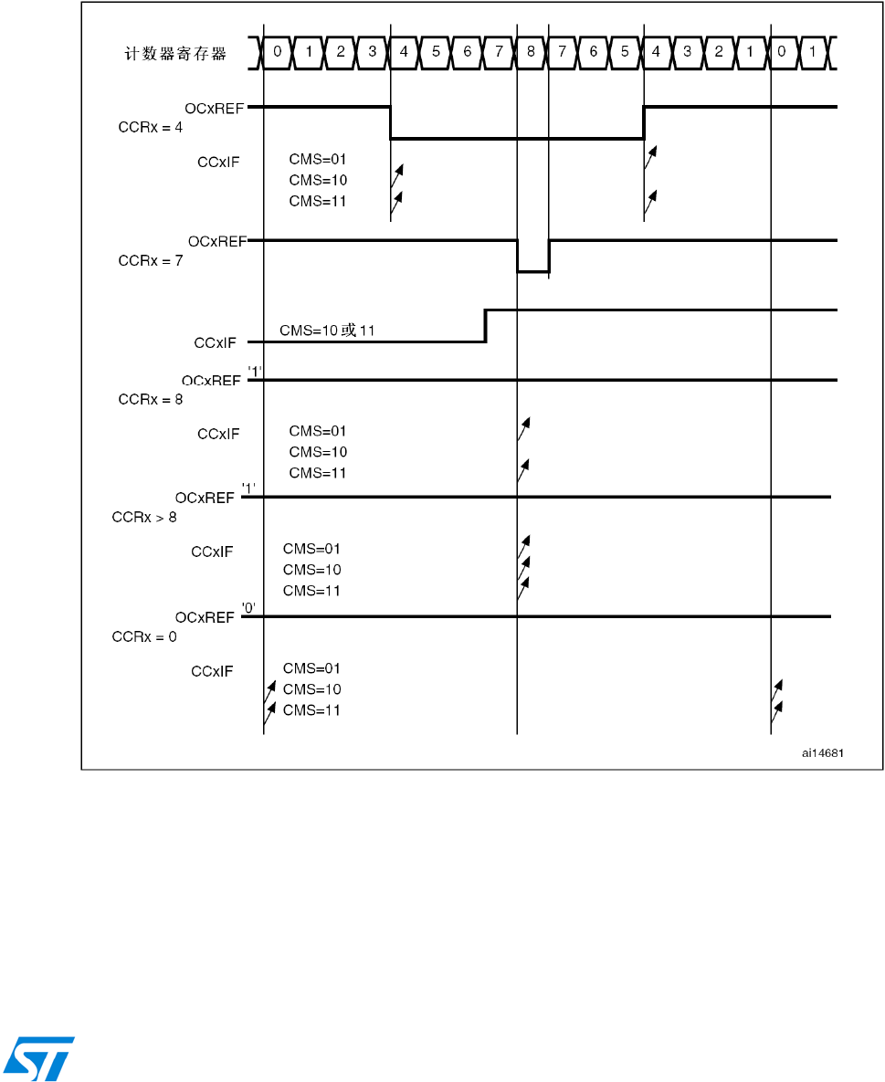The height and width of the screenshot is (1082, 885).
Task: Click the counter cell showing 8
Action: coord(532,52)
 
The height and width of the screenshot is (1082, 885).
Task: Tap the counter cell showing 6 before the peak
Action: coord(468,52)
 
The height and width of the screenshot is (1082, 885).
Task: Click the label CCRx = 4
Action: coord(151,127)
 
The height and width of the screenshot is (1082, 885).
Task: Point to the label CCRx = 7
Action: coord(151,259)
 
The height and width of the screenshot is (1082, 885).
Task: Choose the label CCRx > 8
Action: coord(143,518)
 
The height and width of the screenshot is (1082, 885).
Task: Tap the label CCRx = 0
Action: coord(143,636)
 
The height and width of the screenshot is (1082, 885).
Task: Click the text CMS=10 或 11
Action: coord(327,330)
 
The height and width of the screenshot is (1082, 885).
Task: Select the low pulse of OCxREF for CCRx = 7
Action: coord(532,271)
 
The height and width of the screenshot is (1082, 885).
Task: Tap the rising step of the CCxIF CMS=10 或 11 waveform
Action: coord(485,326)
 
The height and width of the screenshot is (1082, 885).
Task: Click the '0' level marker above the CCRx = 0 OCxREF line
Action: coord(248,606)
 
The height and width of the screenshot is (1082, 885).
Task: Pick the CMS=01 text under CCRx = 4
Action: coord(318,159)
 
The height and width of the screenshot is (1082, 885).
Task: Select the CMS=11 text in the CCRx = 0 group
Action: coord(311,710)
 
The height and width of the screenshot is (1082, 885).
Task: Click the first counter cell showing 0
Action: coord(278,52)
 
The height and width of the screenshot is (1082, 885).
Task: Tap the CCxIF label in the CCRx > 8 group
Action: coord(212,552)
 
